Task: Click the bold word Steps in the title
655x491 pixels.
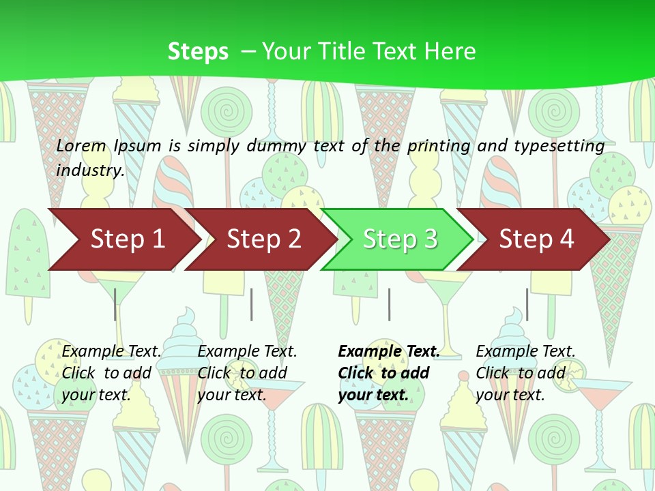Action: coord(198,52)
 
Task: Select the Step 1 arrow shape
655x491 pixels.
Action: coord(123,239)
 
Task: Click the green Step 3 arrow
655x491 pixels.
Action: coord(399,239)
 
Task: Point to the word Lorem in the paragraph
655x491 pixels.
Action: coord(81,146)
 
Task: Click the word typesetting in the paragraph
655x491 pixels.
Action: coord(558,146)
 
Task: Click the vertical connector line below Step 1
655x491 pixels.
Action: coord(115,304)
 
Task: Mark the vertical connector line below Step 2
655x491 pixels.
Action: coord(252,304)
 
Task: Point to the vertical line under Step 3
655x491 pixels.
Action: coord(389,304)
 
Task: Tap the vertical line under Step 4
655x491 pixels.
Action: coord(527,304)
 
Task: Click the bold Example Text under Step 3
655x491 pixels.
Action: coord(389,352)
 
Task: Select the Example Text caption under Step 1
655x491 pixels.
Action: coord(112,352)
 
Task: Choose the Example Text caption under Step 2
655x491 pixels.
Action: coord(247,352)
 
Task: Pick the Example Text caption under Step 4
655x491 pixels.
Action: coord(525,352)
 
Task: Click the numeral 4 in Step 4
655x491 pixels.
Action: coord(566,239)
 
